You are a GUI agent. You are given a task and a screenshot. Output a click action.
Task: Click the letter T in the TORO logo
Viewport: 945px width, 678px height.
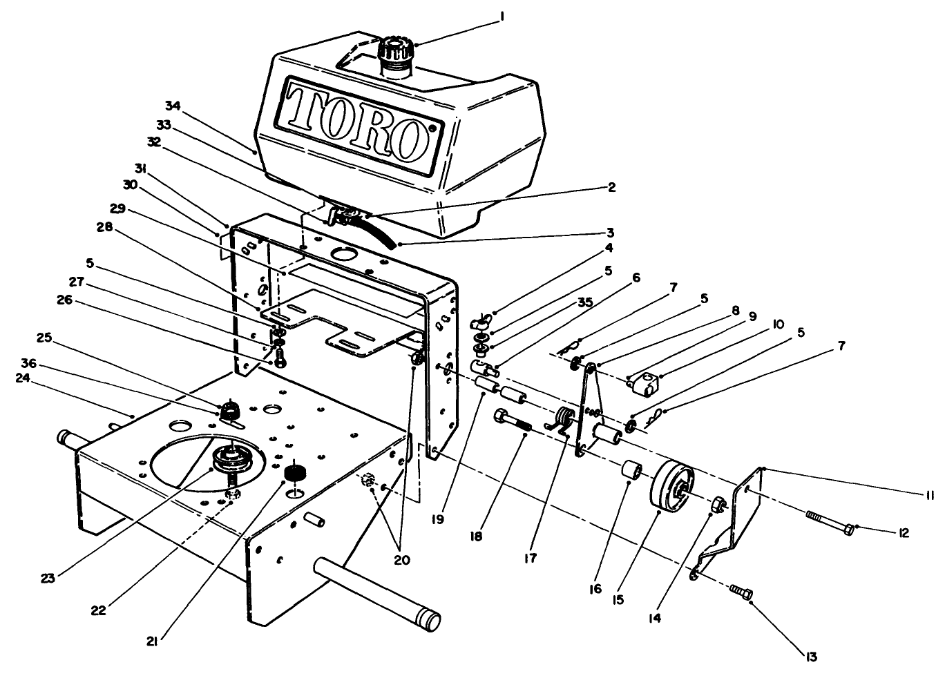pos(305,110)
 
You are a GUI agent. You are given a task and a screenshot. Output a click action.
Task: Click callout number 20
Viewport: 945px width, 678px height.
pos(401,560)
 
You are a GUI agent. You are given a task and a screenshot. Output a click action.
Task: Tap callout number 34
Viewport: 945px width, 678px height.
pos(172,105)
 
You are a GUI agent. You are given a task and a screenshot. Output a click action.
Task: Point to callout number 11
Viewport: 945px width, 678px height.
pos(930,494)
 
